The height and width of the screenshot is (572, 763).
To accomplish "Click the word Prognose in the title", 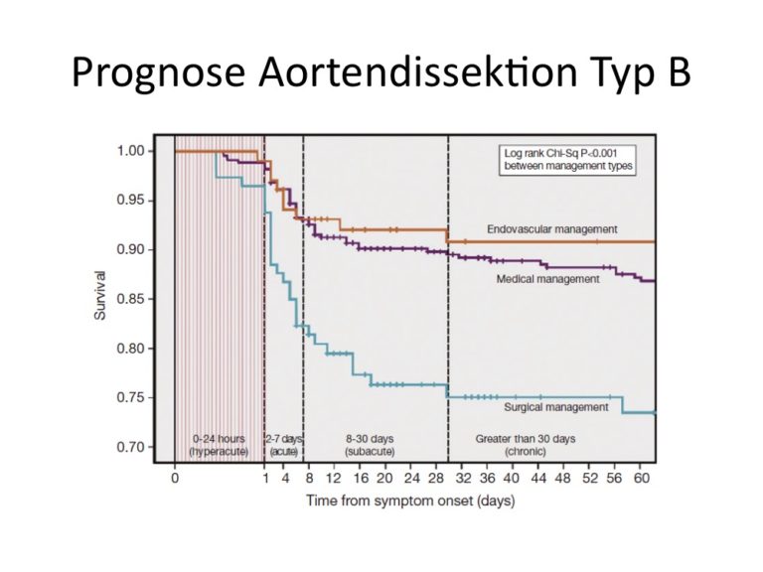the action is (x=158, y=72).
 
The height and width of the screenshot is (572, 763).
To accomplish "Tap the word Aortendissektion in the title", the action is (x=417, y=71).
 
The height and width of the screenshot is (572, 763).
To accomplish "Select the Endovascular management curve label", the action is (x=552, y=229).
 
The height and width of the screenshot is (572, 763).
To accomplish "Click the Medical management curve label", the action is (x=548, y=279).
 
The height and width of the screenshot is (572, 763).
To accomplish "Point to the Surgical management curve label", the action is (x=556, y=407).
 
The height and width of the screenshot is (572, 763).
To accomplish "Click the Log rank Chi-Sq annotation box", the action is (x=568, y=160).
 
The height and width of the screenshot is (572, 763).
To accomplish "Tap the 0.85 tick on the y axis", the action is (x=130, y=299).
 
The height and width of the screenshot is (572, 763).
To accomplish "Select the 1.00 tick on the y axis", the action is (x=130, y=151).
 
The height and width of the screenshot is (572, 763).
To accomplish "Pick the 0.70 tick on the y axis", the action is (x=130, y=447).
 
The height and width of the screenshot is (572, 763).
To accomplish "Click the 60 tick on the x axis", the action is (x=642, y=479).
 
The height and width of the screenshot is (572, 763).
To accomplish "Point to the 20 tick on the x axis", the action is (x=384, y=479).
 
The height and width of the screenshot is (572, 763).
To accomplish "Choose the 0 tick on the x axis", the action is (x=175, y=479).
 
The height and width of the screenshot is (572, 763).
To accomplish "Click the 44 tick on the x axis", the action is (x=538, y=479).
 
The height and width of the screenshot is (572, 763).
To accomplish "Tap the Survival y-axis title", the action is (x=99, y=295).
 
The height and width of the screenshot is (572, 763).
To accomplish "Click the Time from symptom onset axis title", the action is (x=410, y=500).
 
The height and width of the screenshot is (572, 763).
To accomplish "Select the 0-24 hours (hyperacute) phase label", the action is (x=219, y=445).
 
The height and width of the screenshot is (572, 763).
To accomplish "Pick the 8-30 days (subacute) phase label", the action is (x=370, y=445).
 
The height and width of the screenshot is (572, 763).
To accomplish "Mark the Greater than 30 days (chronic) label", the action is (x=526, y=445).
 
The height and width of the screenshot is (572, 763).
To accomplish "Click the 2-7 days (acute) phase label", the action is (x=284, y=445).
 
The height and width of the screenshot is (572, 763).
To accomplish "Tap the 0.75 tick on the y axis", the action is (x=130, y=397).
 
